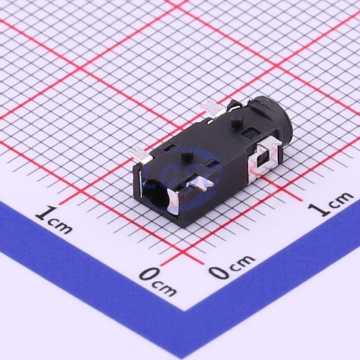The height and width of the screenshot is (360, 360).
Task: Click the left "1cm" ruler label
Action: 54,220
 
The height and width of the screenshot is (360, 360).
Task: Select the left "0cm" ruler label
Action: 158,282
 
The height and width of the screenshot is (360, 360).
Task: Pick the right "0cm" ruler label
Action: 232,267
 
